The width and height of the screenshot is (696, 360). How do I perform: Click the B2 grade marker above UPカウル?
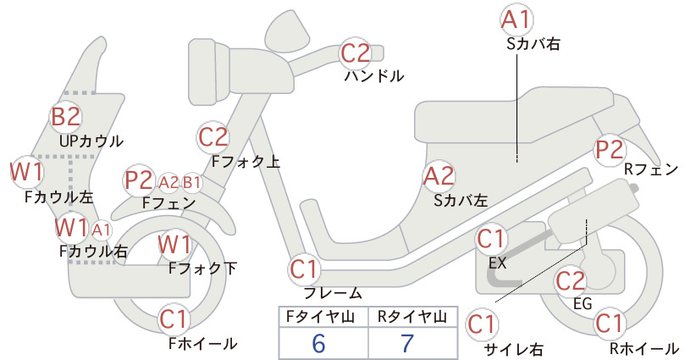tap(66, 116)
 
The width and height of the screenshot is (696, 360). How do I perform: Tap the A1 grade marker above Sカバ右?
tap(516, 20)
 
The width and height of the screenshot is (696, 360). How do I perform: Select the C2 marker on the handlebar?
tap(355, 53)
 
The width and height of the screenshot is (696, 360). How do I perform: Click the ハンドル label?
tap(374, 76)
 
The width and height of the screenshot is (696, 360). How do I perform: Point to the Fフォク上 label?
tap(246, 161)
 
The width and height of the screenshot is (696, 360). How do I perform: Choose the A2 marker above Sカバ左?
tap(439, 176)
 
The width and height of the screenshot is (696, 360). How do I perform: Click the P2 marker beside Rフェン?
tap(610, 150)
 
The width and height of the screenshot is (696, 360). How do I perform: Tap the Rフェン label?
tap(651, 169)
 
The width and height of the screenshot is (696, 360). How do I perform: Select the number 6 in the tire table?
tap(318, 344)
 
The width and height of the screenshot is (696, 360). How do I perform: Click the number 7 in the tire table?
tap(407, 343)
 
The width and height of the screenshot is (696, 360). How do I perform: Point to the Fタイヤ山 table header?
tap(320, 317)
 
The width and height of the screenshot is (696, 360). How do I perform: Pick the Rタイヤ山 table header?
tap(412, 317)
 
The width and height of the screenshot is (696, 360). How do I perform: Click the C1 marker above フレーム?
tap(304, 269)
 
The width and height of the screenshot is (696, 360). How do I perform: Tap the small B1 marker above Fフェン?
tap(191, 182)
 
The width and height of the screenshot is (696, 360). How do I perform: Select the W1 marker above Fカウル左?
tap(26, 172)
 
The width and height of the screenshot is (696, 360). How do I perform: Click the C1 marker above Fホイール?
tap(174, 319)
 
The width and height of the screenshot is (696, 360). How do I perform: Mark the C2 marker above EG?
tap(571, 280)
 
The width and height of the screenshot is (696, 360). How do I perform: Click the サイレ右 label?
tap(514, 350)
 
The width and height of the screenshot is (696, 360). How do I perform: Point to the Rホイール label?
tap(644, 348)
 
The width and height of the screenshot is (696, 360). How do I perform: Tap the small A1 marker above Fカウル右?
tap(102, 230)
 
